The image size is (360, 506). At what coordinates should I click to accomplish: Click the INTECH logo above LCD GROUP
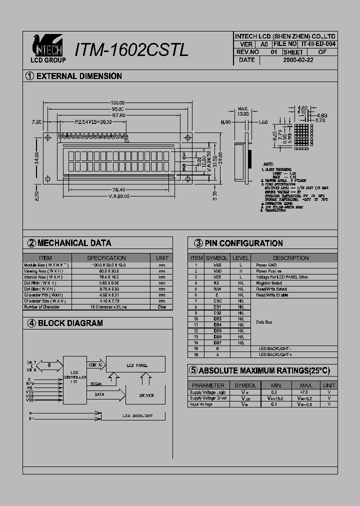(47, 46)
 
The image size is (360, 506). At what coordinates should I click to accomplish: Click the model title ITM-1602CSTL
(131, 50)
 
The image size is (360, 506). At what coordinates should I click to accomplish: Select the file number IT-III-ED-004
(318, 44)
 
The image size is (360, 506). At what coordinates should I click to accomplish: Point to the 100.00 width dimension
(117, 103)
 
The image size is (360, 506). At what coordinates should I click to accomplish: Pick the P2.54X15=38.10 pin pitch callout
(93, 121)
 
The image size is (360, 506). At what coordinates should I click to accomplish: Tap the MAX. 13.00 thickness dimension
(243, 111)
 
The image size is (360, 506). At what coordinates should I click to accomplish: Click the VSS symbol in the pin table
(217, 265)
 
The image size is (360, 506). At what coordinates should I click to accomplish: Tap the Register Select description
(269, 283)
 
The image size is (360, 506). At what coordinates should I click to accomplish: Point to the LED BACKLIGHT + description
(275, 354)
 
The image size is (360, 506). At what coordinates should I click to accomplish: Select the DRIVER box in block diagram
(146, 395)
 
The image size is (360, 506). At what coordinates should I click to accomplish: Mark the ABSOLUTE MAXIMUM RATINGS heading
(259, 370)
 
